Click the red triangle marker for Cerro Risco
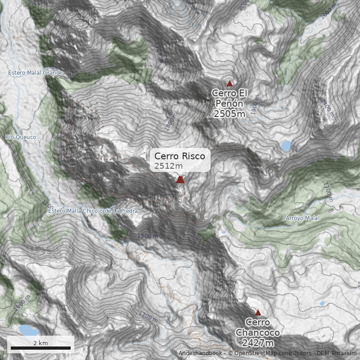click(180, 180)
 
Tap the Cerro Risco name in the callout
click(180, 156)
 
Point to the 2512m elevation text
click(169, 166)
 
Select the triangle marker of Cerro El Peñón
click(229, 83)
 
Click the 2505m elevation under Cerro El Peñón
click(229, 114)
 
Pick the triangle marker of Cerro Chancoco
click(258, 313)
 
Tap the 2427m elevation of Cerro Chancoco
click(258, 343)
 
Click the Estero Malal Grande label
click(36, 72)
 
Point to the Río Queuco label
click(21, 137)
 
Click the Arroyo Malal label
click(302, 218)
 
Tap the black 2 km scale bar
click(40, 348)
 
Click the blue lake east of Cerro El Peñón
click(285, 146)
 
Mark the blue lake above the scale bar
click(28, 331)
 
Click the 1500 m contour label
click(148, 236)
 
